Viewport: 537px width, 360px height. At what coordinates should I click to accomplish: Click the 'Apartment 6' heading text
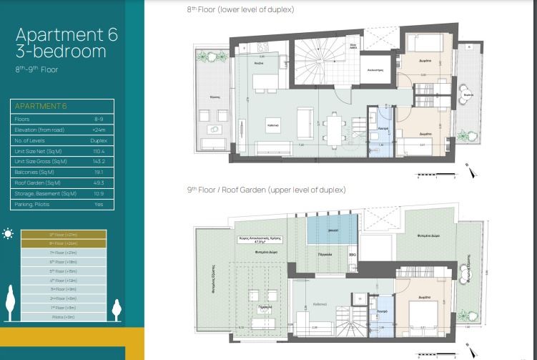pyautogui.click(x=66, y=34)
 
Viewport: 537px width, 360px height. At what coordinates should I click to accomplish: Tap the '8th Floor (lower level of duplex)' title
pyautogui.click(x=240, y=9)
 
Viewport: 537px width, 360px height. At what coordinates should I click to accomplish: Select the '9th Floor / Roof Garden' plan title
pyautogui.click(x=266, y=190)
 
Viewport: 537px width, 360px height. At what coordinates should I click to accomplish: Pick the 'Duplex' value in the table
pyautogui.click(x=98, y=141)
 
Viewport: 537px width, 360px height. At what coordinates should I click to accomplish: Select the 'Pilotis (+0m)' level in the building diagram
pyautogui.click(x=64, y=316)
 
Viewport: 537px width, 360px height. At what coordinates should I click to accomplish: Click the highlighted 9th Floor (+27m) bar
pyautogui.click(x=64, y=234)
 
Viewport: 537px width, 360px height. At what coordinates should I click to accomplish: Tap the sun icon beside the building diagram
pyautogui.click(x=9, y=233)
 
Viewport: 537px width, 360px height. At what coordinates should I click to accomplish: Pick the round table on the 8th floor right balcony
pyautogui.click(x=467, y=94)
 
